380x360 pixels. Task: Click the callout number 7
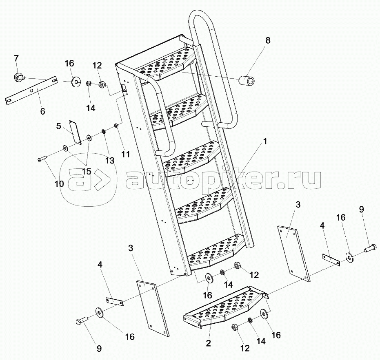(x=16, y=57)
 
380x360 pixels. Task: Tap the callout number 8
(x=268, y=41)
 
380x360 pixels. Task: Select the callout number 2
(x=208, y=343)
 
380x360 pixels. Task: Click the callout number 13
(x=109, y=160)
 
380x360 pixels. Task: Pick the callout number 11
(x=125, y=155)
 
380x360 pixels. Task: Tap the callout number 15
(x=87, y=171)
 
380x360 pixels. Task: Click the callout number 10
(x=59, y=184)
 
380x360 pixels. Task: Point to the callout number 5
(x=59, y=126)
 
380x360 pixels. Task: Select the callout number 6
(x=42, y=111)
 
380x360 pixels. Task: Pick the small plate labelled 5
(x=74, y=132)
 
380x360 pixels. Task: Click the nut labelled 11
(x=116, y=126)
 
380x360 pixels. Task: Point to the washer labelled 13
(x=104, y=131)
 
